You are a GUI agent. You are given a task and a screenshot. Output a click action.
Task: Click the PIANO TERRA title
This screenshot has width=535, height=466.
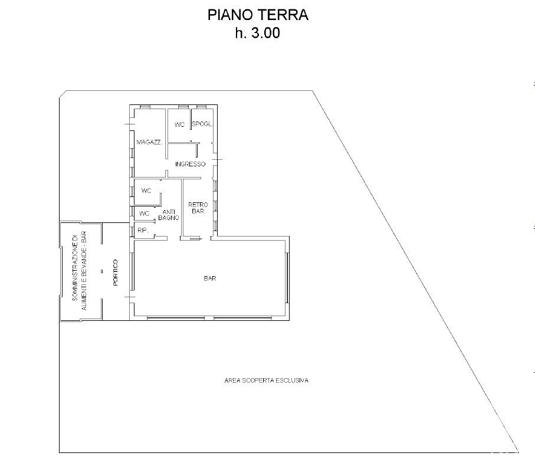point(258,15)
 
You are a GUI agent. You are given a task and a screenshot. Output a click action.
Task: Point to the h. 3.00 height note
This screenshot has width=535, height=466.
point(258,33)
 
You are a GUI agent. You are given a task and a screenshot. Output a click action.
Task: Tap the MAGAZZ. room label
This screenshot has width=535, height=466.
point(149,142)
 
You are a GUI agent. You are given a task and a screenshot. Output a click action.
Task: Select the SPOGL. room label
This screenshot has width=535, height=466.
point(202,124)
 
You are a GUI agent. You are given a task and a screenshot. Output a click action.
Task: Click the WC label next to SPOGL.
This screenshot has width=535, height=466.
point(179,125)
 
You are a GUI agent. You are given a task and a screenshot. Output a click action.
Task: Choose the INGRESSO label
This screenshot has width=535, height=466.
point(191,164)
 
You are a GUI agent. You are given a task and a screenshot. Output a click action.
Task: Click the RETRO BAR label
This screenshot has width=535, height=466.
point(198,208)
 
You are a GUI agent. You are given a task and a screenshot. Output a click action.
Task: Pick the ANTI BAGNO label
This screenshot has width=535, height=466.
point(169,215)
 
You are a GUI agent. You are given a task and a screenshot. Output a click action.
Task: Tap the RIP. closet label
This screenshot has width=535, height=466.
point(143,230)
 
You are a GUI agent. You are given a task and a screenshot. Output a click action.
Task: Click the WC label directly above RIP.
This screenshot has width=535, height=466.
point(145,214)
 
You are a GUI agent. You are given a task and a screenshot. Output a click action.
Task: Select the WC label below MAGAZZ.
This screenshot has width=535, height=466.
point(146,191)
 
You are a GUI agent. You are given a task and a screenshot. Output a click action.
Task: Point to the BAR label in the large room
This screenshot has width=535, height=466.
point(210,278)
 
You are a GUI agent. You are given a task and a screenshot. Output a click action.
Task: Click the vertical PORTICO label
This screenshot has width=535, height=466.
point(115,273)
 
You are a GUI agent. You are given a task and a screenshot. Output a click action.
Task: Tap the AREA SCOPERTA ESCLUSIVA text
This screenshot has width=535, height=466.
point(267,380)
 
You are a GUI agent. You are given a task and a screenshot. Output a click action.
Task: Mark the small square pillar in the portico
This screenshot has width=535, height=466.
point(101,271)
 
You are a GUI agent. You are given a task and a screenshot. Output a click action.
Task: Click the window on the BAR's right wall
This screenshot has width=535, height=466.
point(288,278)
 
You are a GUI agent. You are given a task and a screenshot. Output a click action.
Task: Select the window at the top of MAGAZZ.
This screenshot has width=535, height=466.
point(145,107)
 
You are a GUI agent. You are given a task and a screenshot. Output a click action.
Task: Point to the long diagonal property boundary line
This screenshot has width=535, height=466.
point(416,271)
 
